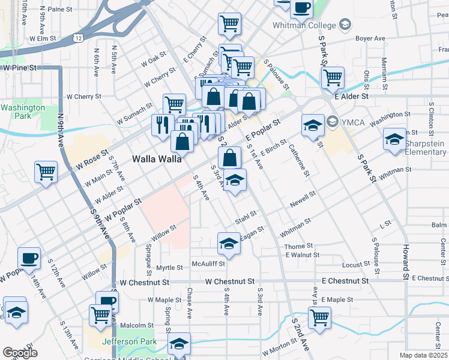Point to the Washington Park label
point(22,112)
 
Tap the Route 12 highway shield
point(79,37)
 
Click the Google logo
point(20,353)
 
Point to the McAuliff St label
point(208,263)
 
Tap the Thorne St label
point(299,246)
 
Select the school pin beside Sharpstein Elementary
point(394,140)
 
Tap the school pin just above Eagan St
point(228,243)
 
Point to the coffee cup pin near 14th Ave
point(29,259)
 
